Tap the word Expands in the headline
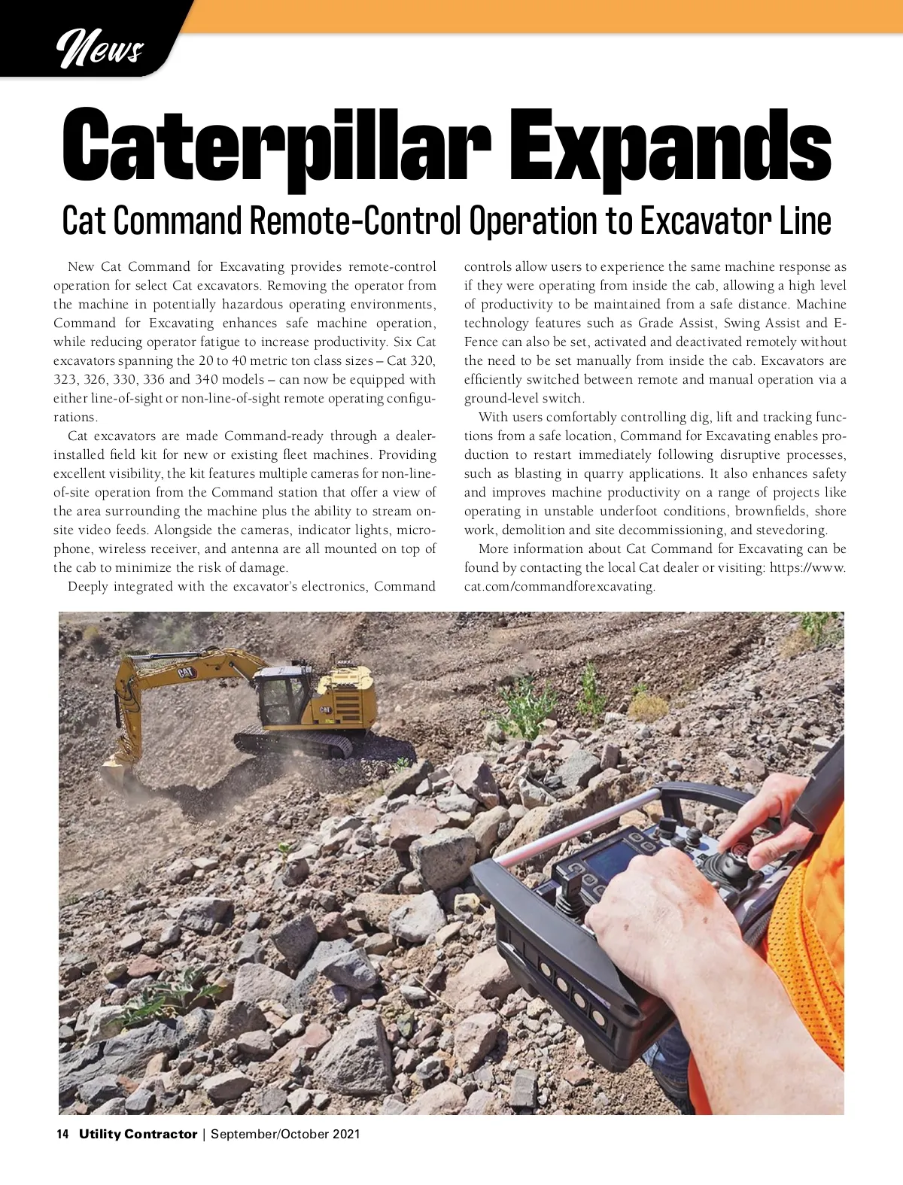pos(674,147)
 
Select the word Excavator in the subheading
pos(704,221)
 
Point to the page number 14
pos(63,1134)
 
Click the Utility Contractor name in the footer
pos(138,1134)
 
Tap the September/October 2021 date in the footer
pos(285,1134)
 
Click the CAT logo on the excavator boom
pos(187,673)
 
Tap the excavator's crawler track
pos(293,743)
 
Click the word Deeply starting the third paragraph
pos(88,587)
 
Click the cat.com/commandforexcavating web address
pos(559,587)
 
